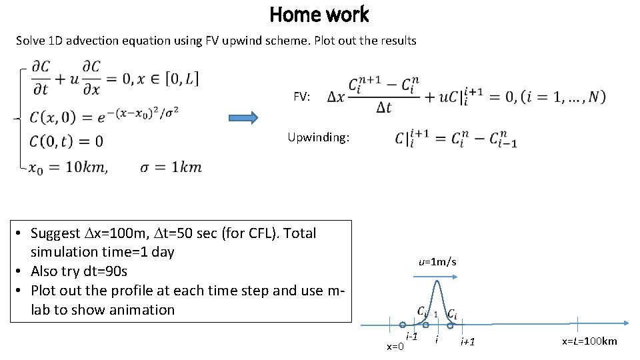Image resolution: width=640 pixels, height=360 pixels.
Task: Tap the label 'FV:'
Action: (x=302, y=97)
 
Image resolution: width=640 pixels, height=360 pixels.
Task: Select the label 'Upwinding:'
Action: (x=317, y=138)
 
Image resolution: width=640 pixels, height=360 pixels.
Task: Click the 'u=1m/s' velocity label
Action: (x=437, y=262)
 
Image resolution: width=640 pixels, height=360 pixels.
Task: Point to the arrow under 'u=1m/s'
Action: (x=437, y=272)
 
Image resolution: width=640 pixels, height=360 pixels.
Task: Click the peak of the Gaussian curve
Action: (x=437, y=282)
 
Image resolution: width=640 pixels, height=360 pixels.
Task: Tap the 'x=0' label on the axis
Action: (x=395, y=347)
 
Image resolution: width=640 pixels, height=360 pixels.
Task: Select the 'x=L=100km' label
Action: (x=589, y=341)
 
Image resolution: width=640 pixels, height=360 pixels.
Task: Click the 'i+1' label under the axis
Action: (x=468, y=342)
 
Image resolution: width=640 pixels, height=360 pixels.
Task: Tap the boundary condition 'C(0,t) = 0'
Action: (x=66, y=141)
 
